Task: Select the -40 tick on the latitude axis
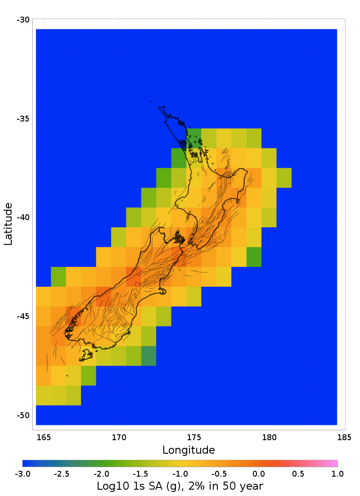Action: click(23, 217)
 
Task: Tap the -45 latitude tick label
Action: click(23, 316)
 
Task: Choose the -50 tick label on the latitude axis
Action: click(23, 415)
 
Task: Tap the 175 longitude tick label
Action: click(194, 437)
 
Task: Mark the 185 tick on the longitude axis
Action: click(344, 437)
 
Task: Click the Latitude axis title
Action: click(8, 224)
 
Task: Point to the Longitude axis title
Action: click(189, 450)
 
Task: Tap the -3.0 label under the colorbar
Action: click(22, 473)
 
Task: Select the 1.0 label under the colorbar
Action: click(337, 473)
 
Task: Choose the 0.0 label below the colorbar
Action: click(259, 473)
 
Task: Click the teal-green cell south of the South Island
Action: click(148, 356)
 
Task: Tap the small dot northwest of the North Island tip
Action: click(151, 102)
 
